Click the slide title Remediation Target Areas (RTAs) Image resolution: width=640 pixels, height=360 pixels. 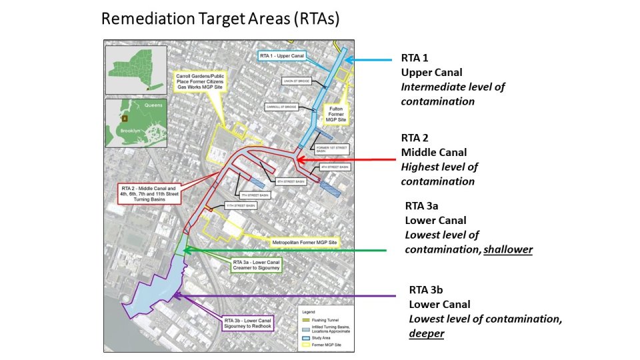[x=220, y=19]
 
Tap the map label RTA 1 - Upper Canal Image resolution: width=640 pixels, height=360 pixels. [x=282, y=57]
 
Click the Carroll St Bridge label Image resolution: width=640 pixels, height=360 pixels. [x=281, y=107]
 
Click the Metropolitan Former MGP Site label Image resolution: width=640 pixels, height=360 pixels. [x=305, y=241]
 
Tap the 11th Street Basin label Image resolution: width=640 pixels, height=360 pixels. [x=241, y=206]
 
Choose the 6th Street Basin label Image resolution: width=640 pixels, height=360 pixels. [x=290, y=181]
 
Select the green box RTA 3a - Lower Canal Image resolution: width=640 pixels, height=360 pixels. [x=257, y=266]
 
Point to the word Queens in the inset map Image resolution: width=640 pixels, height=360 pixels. [x=154, y=105]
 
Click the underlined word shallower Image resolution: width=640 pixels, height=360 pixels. [x=509, y=249]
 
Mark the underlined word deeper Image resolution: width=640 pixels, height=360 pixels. [x=427, y=333]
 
